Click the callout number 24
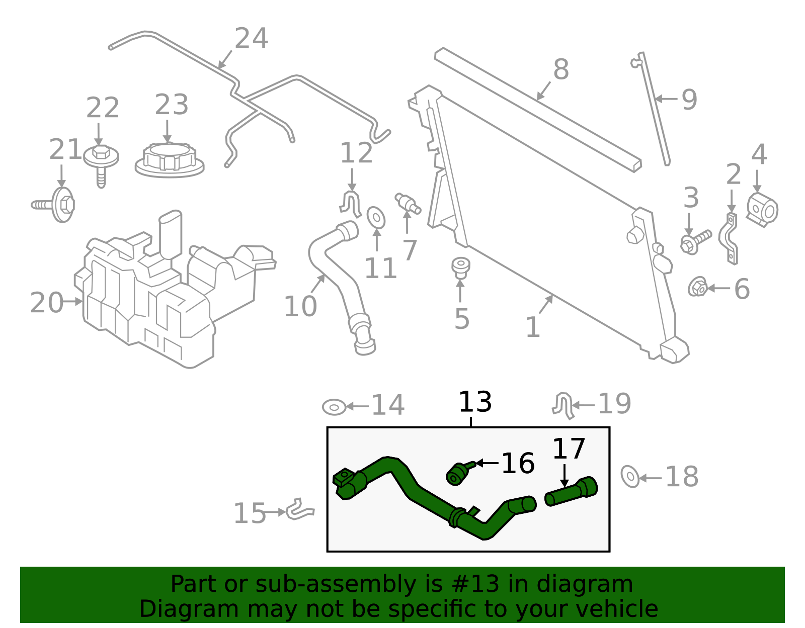coord(251,39)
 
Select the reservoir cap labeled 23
coord(170,159)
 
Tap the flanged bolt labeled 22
coord(101,161)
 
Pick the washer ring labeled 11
coord(376,217)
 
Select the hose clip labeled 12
coord(352,204)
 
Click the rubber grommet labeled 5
coord(460,267)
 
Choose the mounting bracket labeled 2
coord(729,239)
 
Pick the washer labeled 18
coord(630,476)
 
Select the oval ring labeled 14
coord(334,407)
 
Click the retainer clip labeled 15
coord(300,510)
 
